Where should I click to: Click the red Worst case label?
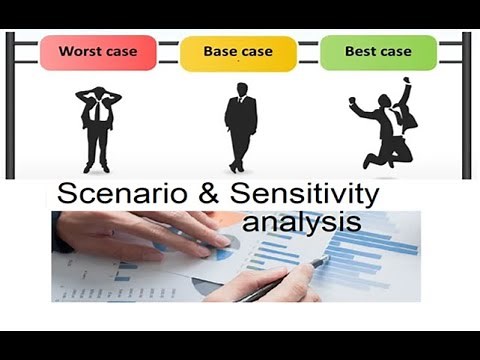98,52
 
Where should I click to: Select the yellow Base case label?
238,52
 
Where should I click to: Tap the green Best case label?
378,52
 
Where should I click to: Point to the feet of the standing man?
238,167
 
